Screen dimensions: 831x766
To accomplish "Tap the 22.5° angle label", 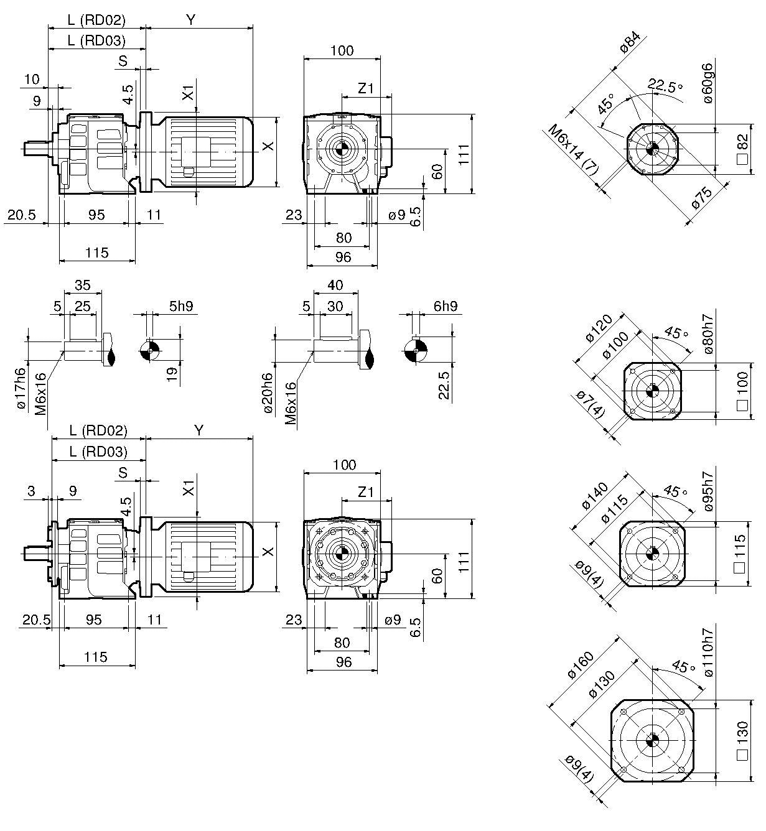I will click(664, 85).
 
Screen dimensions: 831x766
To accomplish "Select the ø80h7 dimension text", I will click(709, 334).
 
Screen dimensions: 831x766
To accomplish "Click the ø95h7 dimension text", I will click(709, 491).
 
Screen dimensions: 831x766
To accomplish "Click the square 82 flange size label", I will click(741, 149).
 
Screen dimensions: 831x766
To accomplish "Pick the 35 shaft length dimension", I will click(82, 286).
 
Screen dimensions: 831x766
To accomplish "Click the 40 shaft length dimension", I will click(335, 286).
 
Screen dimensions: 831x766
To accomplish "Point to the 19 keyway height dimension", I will click(172, 373).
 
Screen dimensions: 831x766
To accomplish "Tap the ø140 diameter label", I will click(596, 496).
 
